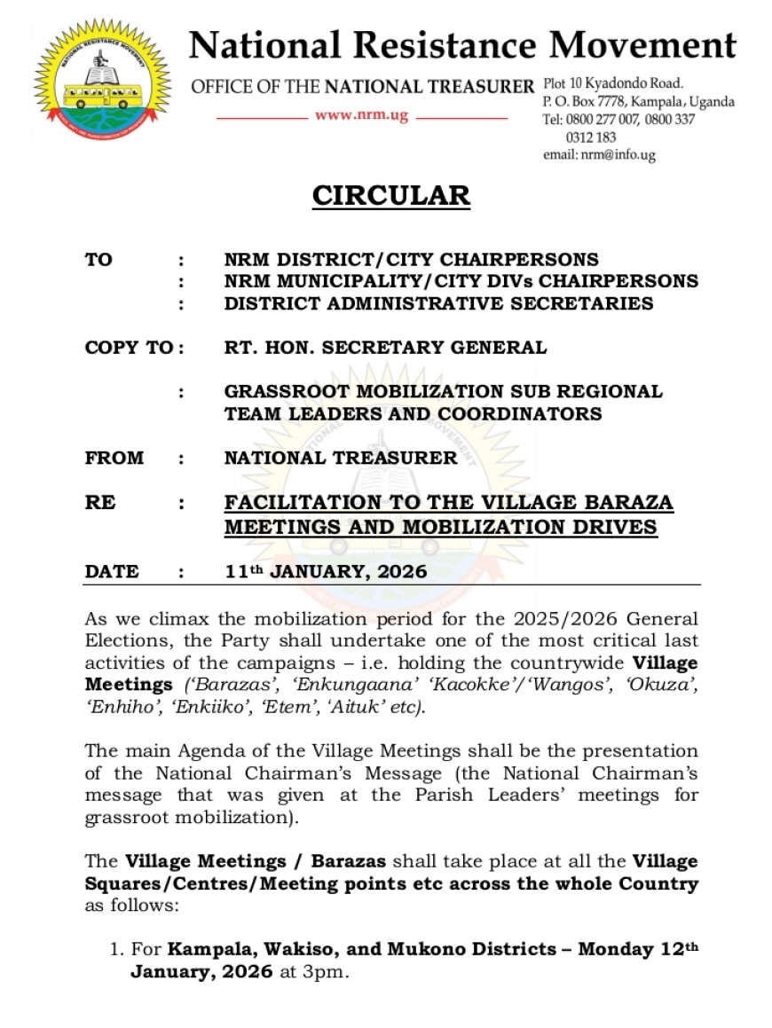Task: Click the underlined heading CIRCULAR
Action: coord(390,195)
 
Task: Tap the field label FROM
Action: coord(114,458)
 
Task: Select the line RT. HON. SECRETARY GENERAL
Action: coord(385,347)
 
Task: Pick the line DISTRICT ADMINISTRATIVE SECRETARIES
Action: coord(438,303)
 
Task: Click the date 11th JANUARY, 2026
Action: coord(326,572)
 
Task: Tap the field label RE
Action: coord(99,503)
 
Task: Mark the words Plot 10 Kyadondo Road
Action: coord(613,84)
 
